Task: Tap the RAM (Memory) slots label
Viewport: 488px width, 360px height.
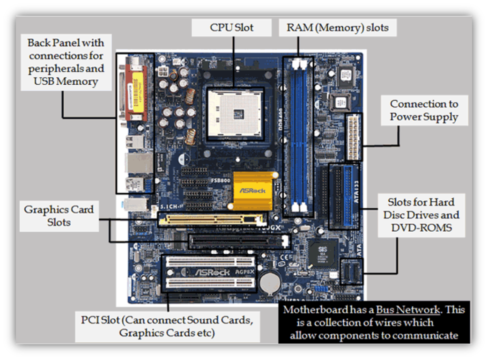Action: [338, 28]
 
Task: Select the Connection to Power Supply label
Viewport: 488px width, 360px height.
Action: [424, 110]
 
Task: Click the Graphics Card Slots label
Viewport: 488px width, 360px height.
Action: [59, 216]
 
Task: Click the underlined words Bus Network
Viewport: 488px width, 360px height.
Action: [408, 310]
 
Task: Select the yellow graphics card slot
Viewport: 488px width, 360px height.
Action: [210, 219]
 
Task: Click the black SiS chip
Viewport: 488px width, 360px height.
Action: [322, 253]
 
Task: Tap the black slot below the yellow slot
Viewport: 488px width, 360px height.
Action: [239, 241]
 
